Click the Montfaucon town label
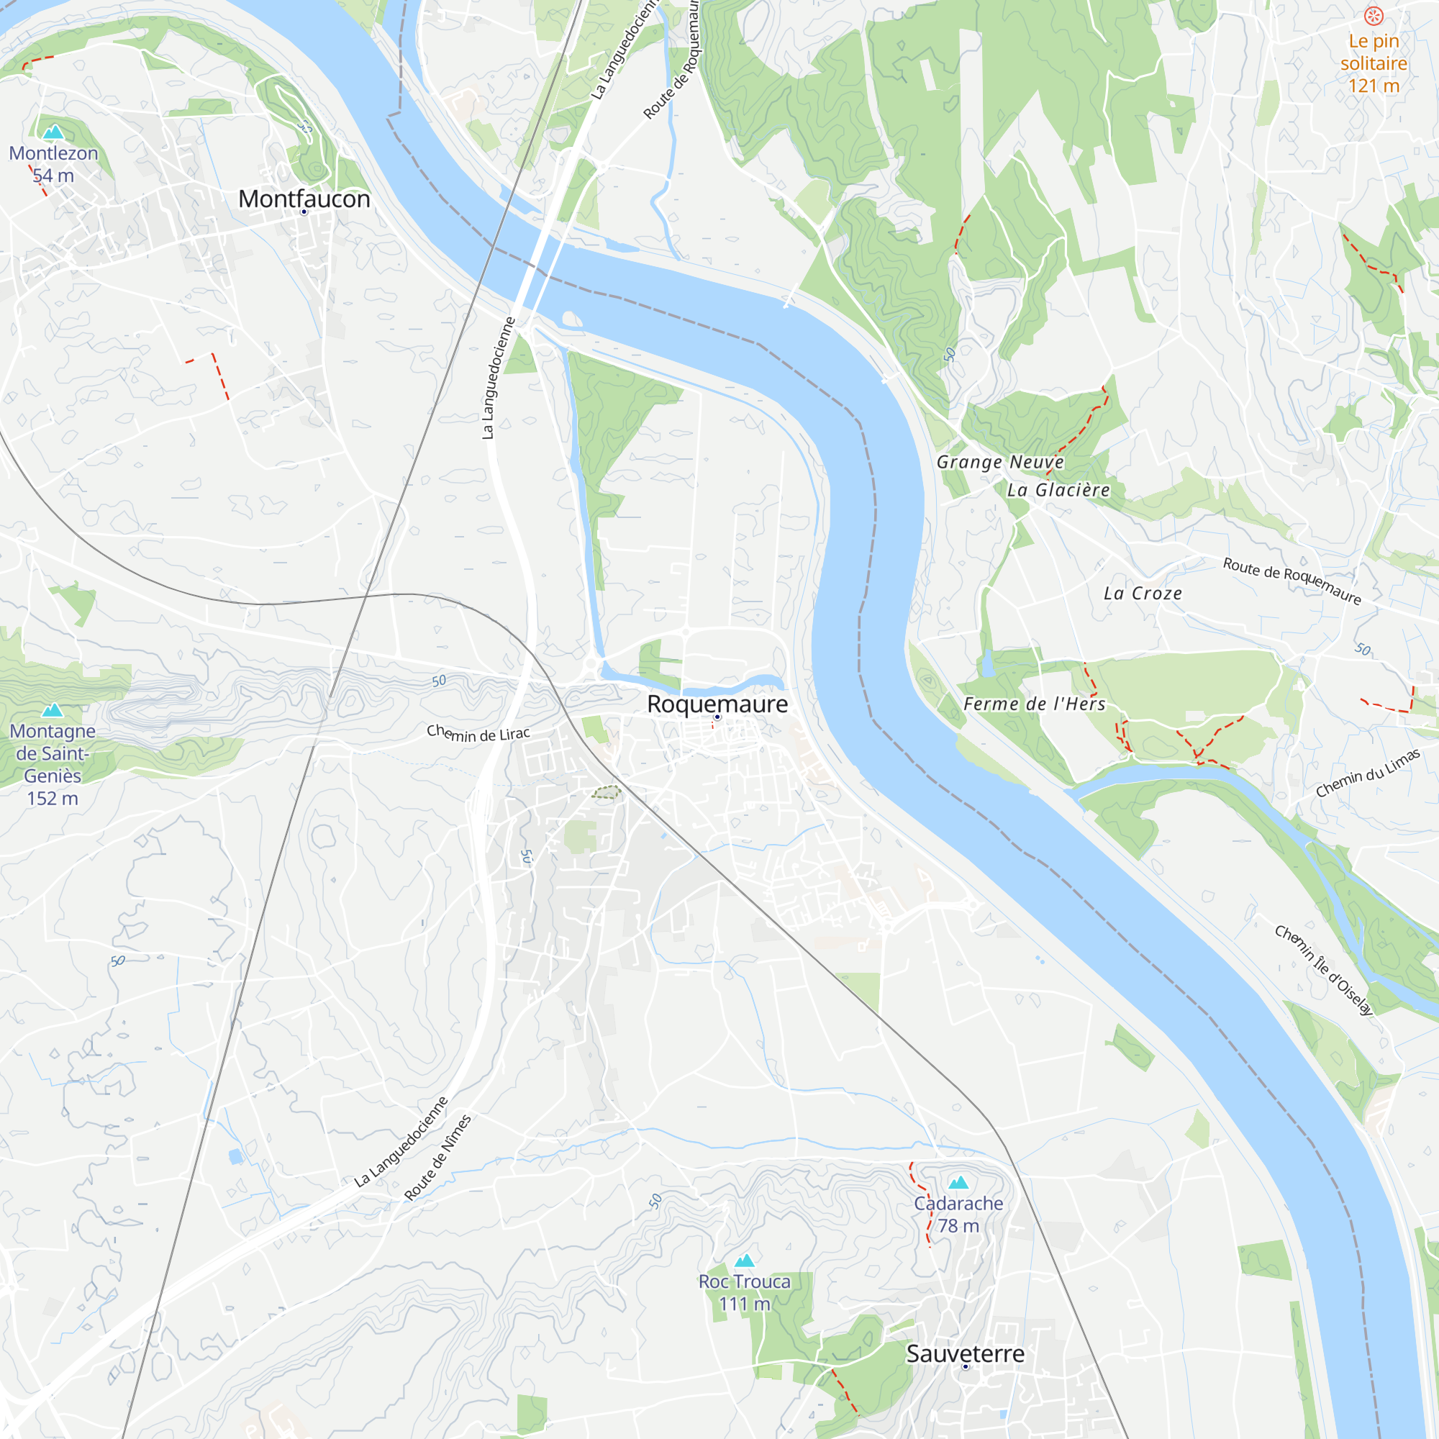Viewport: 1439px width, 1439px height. (x=304, y=199)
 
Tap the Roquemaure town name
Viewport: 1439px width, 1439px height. (x=717, y=704)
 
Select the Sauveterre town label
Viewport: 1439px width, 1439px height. (x=965, y=1353)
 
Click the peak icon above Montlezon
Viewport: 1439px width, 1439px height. (x=53, y=132)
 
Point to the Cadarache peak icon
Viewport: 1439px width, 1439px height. (x=958, y=1182)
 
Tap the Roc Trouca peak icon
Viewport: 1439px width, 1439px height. (x=745, y=1261)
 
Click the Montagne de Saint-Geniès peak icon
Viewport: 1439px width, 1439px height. (x=52, y=710)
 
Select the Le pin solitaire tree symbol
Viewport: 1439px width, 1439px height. (x=1374, y=16)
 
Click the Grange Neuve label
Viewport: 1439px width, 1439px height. (x=999, y=462)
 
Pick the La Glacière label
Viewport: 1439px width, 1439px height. (x=1058, y=490)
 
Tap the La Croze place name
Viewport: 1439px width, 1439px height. (x=1143, y=594)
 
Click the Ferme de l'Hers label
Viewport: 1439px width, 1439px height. (x=1034, y=704)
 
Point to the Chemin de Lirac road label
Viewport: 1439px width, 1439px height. (x=478, y=734)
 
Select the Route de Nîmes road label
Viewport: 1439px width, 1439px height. (x=438, y=1157)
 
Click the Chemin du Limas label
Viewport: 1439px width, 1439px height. (x=1368, y=774)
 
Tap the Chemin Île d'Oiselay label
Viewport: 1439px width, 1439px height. (x=1323, y=970)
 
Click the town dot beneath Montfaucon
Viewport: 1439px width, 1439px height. (x=304, y=212)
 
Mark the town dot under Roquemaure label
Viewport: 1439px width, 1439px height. (x=717, y=717)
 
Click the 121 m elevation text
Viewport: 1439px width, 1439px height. (x=1374, y=86)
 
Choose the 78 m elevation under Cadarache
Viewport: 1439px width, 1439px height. (x=958, y=1225)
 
